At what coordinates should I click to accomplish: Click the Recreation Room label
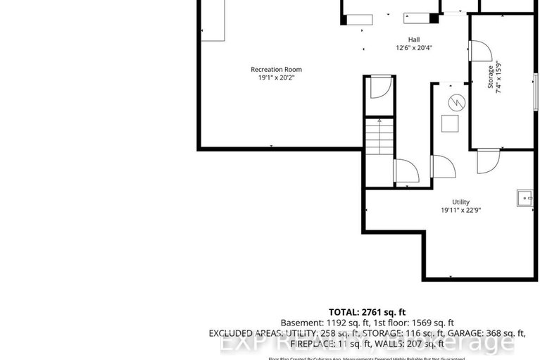tap(276, 69)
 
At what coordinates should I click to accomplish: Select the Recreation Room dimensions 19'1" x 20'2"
tap(276, 78)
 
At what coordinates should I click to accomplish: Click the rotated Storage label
tap(491, 77)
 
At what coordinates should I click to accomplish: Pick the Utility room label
tap(460, 201)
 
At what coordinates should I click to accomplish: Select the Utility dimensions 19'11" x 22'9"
tap(460, 210)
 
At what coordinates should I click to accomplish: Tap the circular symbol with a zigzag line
tap(456, 103)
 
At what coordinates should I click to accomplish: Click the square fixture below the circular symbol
tap(450, 124)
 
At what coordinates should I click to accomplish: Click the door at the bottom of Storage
tap(486, 161)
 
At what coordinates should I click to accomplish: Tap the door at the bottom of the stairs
tap(406, 171)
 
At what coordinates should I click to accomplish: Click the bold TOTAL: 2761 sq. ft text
tap(367, 311)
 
